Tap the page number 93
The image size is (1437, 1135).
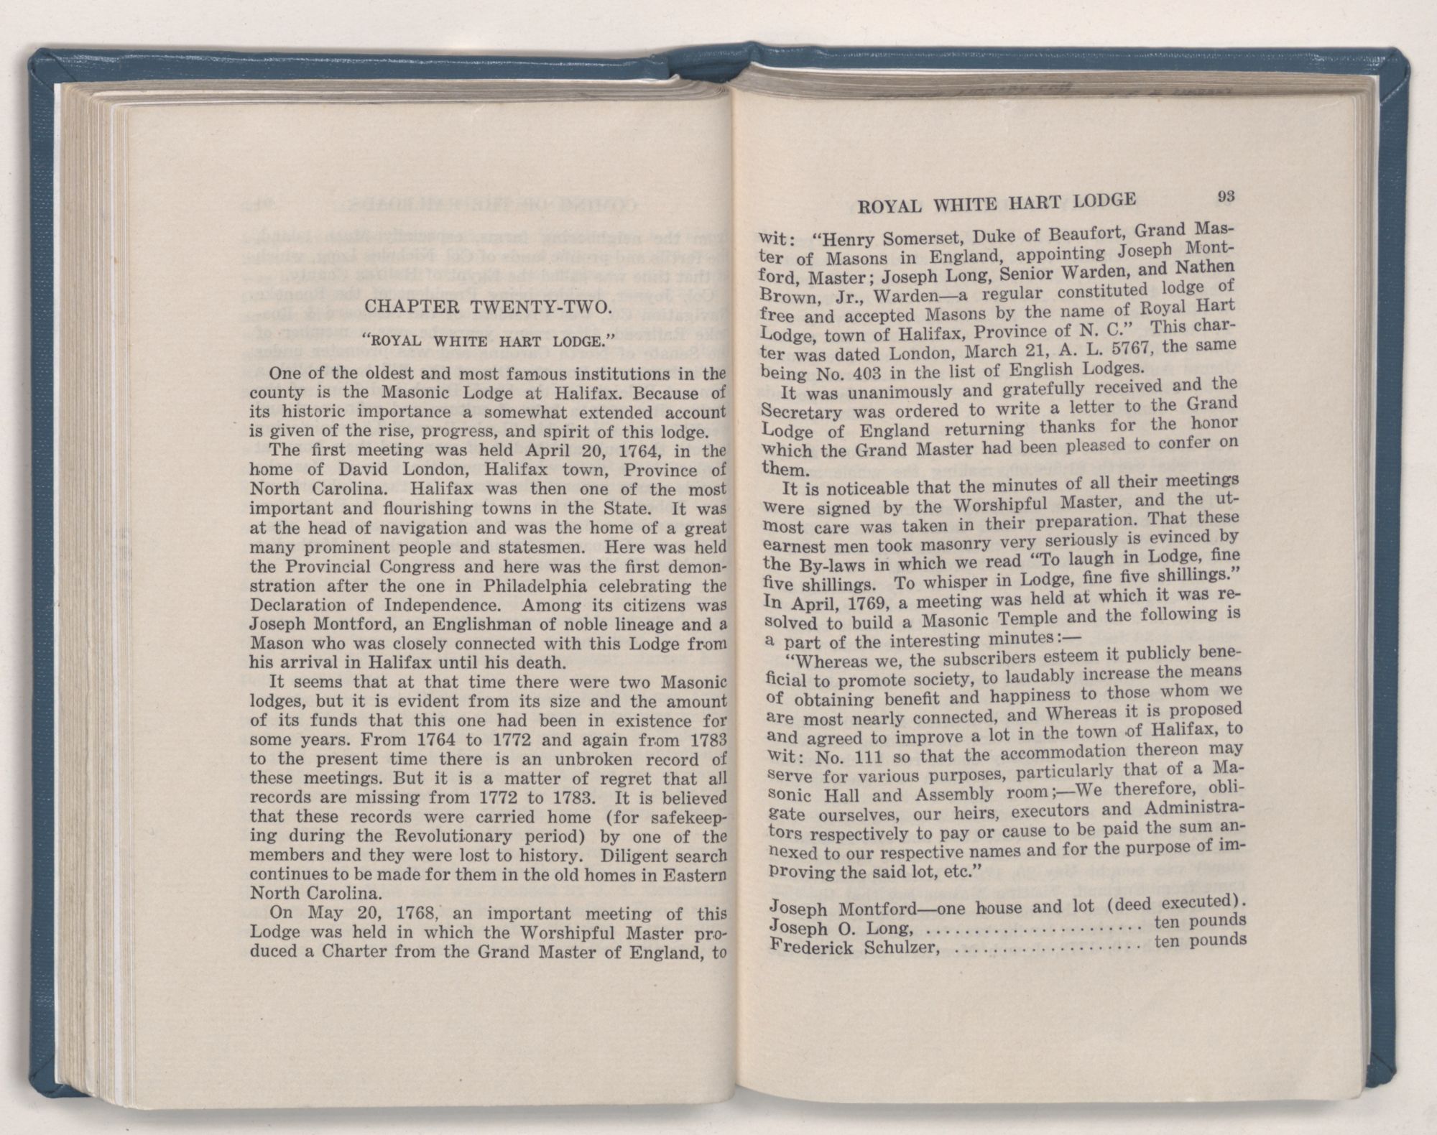(1225, 195)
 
